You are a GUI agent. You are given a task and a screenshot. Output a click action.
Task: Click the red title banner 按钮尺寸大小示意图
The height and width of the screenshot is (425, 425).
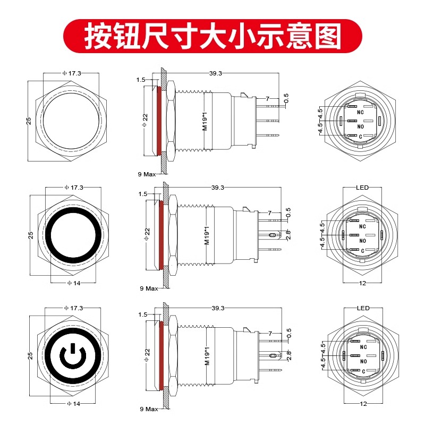pyautogui.click(x=212, y=36)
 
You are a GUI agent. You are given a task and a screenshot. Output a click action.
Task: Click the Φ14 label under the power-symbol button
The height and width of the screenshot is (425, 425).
pyautogui.click(x=73, y=404)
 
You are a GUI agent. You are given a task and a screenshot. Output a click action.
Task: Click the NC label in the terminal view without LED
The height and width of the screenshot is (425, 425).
pyautogui.click(x=361, y=113)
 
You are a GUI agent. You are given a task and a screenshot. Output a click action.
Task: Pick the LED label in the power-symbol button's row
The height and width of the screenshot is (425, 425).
pyautogui.click(x=363, y=308)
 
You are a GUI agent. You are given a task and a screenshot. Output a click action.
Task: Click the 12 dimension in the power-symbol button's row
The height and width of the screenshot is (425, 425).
pyautogui.click(x=363, y=404)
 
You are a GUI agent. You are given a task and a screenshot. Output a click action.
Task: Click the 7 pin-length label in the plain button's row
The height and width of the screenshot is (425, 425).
pyautogui.click(x=268, y=99)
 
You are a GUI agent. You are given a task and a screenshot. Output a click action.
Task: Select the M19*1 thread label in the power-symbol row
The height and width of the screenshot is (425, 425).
pyautogui.click(x=207, y=356)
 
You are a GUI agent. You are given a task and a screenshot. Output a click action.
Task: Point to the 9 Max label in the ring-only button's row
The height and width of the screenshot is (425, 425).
pyautogui.click(x=149, y=288)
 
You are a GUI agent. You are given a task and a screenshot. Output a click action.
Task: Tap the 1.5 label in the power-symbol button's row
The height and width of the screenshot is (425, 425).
pyautogui.click(x=142, y=314)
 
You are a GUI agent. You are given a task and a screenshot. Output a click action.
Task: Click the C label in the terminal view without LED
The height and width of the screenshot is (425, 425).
pyautogui.click(x=361, y=137)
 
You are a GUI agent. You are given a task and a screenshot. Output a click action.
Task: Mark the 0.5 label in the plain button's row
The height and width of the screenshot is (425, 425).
pyautogui.click(x=287, y=99)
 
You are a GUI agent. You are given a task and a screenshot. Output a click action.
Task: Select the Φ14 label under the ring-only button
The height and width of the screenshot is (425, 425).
pyautogui.click(x=73, y=283)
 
